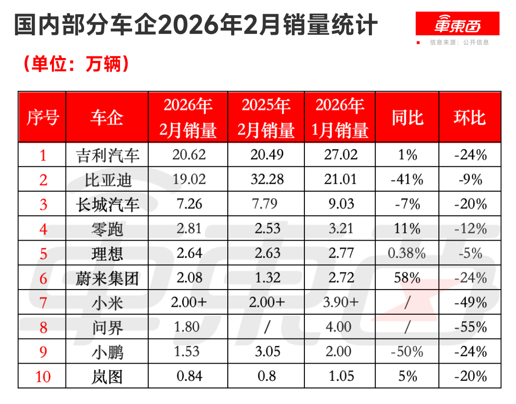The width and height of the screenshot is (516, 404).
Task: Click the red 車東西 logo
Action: pos(457,24)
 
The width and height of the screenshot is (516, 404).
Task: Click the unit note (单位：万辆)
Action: pos(76,64)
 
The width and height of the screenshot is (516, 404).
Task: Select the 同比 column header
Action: pos(407,118)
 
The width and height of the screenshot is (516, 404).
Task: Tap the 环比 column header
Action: pos(470,118)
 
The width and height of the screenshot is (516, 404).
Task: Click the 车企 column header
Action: pos(107,118)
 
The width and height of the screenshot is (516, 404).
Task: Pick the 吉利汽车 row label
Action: pos(107,155)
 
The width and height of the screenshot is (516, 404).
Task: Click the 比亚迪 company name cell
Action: pos(107,180)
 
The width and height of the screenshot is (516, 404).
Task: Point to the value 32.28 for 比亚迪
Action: pos(267,180)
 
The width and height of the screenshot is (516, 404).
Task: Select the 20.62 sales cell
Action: pos(189,155)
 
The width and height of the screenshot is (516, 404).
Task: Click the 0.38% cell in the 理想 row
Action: pos(407,253)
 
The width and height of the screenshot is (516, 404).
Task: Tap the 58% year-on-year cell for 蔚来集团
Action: pos(407,278)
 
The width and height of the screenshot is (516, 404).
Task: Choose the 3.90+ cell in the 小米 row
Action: pos(340,303)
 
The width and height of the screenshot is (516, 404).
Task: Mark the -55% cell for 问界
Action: pos(470,327)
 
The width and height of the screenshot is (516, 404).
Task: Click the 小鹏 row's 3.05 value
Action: pos(267,352)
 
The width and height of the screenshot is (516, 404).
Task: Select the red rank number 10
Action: pos(43,376)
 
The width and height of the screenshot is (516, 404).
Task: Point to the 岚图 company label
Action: pos(107,376)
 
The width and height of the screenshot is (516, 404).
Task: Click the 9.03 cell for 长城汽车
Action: pos(340,204)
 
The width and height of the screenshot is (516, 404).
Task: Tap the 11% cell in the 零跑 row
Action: pos(407,228)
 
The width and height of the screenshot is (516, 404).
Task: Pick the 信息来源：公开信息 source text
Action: pos(459,42)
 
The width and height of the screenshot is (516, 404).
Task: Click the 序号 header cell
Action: pos(43,118)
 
